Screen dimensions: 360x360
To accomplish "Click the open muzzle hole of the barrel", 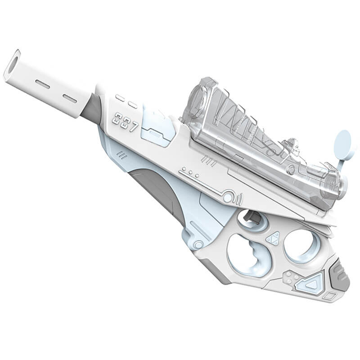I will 13,65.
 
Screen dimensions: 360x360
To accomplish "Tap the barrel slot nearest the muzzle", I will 43,84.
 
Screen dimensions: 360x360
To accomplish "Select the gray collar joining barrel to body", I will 90,110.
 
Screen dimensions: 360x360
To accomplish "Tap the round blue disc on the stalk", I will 344,145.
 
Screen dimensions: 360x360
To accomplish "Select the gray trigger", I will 252,218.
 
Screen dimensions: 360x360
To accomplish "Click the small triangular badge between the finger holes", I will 273,238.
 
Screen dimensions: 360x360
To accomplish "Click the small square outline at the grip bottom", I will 331,296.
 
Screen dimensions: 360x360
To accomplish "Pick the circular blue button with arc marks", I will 229,197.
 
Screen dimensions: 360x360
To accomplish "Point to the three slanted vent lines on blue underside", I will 122,155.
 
